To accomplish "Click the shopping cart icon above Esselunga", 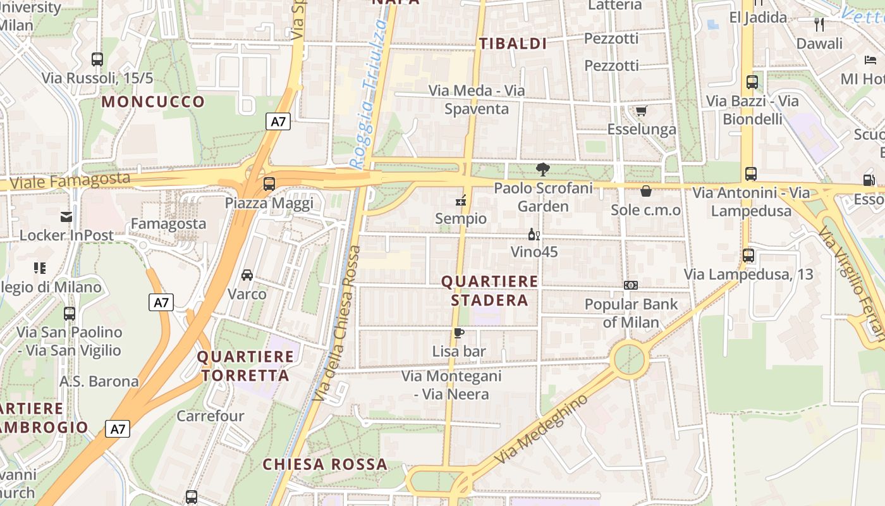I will coord(641,111).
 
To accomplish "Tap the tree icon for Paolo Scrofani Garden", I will coord(542,170).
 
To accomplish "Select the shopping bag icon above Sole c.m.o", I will coord(646,191).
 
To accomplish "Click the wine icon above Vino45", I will coord(534,235).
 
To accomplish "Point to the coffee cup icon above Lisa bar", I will coord(459,333).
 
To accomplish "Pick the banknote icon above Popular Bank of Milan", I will coord(630,285).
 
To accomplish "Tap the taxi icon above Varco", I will coord(247,275).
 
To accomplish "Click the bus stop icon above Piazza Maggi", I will coord(269,184).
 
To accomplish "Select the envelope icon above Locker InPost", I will coord(66,217).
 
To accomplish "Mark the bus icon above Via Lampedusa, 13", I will coord(748,256).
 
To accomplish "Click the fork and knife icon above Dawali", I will coord(819,25).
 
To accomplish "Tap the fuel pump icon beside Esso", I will coord(869,180).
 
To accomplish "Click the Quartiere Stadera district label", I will coord(489,290).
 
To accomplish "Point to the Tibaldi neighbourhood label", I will coord(513,44).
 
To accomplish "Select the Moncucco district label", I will coord(154,102).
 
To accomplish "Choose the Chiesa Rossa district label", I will coord(325,464).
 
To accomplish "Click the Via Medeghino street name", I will coord(541,429).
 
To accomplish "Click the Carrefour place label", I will coord(210,416).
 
